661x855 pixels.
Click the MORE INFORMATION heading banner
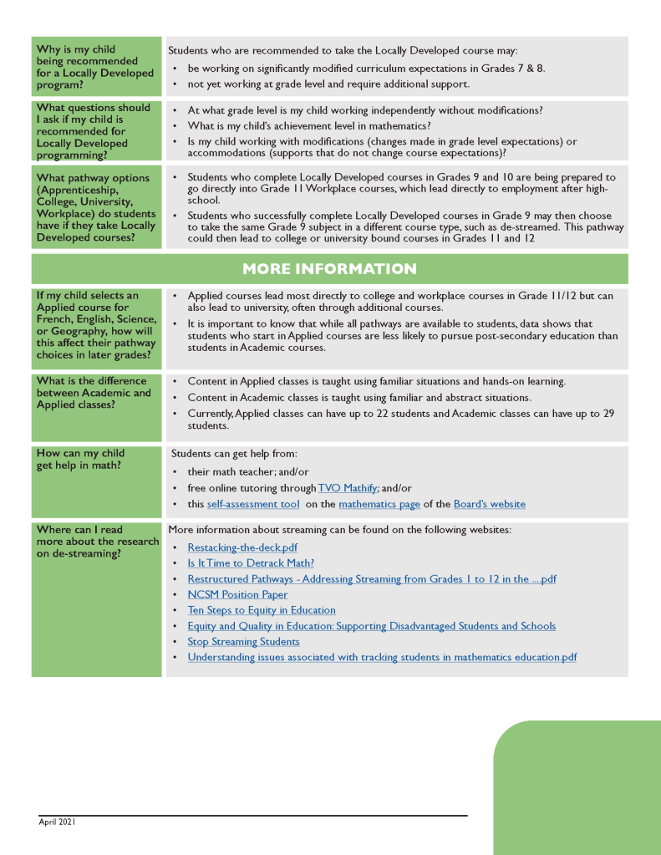[329, 269]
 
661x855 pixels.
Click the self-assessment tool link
[253, 504]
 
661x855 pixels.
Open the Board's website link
[489, 504]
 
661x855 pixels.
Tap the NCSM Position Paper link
[237, 594]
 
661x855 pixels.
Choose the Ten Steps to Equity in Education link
[262, 610]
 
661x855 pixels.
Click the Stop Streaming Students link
[243, 642]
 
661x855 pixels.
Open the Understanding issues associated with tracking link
[382, 657]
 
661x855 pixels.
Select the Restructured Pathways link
[372, 579]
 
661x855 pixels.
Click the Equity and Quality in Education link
[371, 626]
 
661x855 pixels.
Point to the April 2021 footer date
[57, 822]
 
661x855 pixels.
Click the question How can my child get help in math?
[80, 459]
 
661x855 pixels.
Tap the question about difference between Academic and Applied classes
[94, 393]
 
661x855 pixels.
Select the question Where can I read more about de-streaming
[97, 541]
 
